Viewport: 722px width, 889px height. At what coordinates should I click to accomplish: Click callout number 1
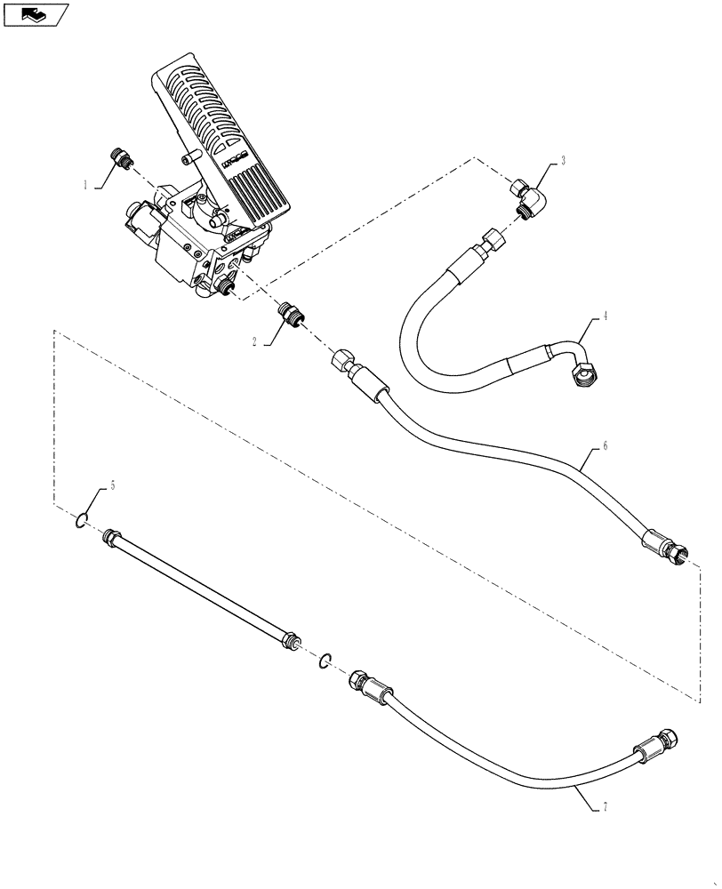85,186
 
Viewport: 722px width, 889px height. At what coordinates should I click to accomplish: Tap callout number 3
562,162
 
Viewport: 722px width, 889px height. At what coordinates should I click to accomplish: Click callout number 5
112,486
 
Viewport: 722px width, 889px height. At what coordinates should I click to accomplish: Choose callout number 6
605,445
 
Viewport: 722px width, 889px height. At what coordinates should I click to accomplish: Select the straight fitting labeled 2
288,314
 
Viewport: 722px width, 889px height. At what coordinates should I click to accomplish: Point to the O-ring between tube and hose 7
326,660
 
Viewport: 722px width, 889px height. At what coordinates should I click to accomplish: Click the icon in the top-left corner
36,14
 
